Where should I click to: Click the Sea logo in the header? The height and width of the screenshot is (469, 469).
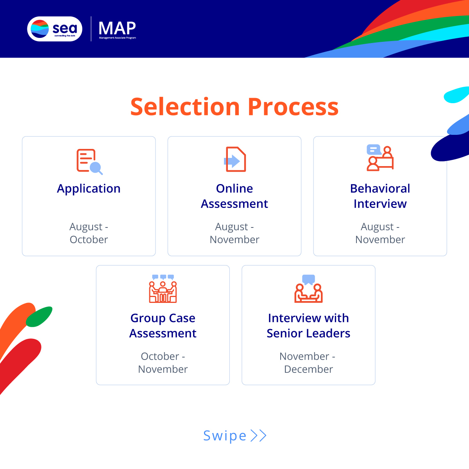point(55,29)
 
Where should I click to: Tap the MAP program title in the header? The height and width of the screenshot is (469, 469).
point(117,29)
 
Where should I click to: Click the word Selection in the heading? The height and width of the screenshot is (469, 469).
point(185,107)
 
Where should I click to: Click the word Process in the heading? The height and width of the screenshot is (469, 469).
point(293,107)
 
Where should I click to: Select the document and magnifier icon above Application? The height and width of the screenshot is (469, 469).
point(90,161)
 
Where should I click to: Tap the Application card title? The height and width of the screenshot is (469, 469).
point(89,189)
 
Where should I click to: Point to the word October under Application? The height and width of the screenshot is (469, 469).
point(89,240)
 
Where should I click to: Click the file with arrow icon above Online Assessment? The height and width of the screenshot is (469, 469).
point(234,159)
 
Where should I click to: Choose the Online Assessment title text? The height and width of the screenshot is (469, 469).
point(234,196)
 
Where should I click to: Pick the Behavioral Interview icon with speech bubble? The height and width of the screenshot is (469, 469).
point(380,158)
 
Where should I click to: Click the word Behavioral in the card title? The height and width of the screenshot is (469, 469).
point(380,188)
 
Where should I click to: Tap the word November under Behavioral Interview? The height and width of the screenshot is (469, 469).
point(380,240)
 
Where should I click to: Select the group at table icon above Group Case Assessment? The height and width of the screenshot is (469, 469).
point(163,289)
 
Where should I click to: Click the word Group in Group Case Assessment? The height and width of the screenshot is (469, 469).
point(148,319)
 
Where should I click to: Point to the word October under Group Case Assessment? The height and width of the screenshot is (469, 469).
point(160,356)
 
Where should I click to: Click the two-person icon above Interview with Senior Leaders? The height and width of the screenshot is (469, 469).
point(308,289)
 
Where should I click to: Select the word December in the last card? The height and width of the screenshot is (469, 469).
point(308,369)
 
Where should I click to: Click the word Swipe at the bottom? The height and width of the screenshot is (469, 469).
point(225,436)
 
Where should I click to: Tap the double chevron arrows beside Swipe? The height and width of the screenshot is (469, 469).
point(258,436)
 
